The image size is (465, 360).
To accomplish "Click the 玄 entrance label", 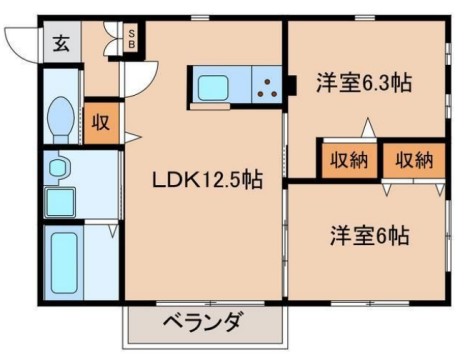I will pyautogui.click(x=62, y=43).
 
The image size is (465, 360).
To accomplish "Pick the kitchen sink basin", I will pyautogui.click(x=215, y=88).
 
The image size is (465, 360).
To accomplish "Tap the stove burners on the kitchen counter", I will pyautogui.click(x=266, y=88).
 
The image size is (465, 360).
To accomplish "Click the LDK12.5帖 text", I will pyautogui.click(x=207, y=181).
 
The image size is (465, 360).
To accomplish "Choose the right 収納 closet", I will pyautogui.click(x=412, y=159).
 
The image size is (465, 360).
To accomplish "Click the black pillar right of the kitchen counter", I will pyautogui.click(x=291, y=88).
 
